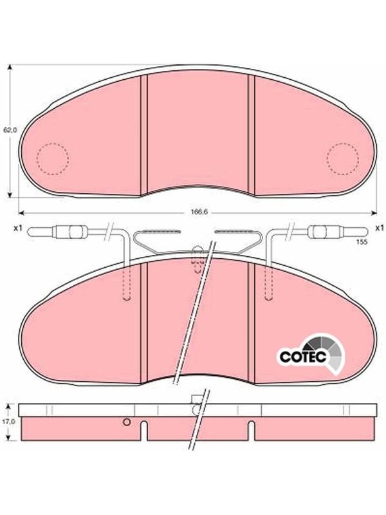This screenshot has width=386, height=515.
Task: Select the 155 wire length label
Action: (361, 242)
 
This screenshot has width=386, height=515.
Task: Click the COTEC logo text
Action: (303, 357)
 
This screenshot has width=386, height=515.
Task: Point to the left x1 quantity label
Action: (17, 228)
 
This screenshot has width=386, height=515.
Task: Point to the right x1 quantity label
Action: (379, 228)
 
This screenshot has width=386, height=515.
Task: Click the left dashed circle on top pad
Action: (53, 159)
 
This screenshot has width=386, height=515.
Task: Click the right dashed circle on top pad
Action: (343, 159)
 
